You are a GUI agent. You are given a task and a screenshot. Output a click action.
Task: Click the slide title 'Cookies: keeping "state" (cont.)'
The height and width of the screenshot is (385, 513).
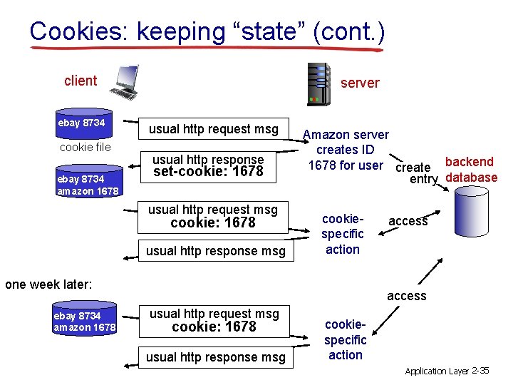[207, 32]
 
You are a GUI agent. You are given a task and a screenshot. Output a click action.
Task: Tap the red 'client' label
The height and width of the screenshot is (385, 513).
[81, 81]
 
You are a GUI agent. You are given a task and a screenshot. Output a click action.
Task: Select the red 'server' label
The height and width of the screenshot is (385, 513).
[360, 83]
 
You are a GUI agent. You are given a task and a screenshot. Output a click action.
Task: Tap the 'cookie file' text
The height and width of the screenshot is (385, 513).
[85, 148]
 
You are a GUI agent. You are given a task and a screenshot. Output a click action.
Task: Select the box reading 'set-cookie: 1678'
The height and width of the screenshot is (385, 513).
[207, 165]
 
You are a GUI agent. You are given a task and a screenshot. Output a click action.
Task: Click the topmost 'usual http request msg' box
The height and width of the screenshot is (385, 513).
[213, 129]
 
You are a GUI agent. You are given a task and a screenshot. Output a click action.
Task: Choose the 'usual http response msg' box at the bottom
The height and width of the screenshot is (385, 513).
[215, 357]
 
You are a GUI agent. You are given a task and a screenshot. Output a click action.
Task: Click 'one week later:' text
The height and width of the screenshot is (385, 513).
[48, 284]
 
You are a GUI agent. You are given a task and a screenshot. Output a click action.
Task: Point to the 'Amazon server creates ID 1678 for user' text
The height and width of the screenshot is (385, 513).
[346, 150]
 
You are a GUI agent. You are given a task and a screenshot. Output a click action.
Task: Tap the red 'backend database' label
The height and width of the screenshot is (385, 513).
[471, 170]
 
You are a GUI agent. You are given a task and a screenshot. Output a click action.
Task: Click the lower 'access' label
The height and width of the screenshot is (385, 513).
[406, 296]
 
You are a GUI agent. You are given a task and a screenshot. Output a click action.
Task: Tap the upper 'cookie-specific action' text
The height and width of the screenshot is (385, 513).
[343, 234]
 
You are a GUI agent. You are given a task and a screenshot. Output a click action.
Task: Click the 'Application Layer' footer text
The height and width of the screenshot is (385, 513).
[437, 371]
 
